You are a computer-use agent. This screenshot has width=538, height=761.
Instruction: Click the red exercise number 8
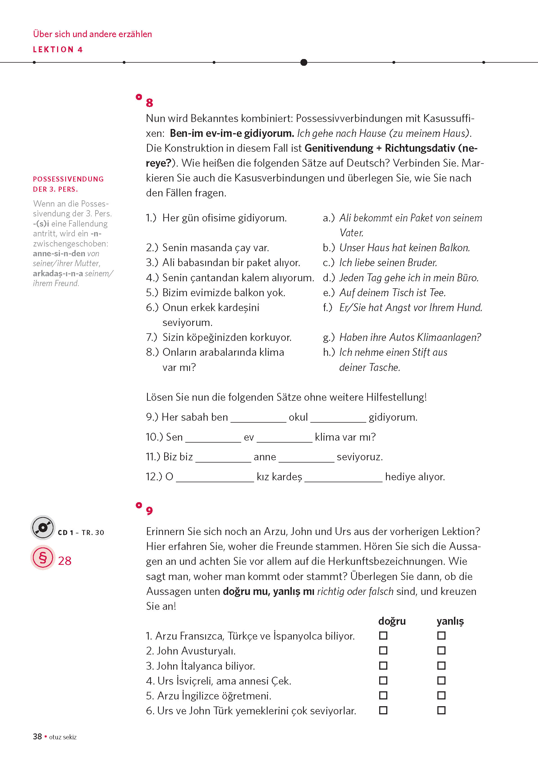point(150,103)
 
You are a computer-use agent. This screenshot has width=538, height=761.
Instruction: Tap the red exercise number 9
point(150,511)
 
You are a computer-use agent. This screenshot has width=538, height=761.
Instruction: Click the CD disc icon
point(43,527)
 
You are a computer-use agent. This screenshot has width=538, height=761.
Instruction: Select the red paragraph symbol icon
point(43,558)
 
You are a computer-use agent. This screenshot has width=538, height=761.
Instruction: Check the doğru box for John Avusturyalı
point(383,651)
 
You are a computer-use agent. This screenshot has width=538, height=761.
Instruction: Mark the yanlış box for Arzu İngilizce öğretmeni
point(441,695)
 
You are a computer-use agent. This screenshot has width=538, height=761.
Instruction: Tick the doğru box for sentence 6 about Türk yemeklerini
point(383,710)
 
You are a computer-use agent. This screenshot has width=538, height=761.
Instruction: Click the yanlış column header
point(450,621)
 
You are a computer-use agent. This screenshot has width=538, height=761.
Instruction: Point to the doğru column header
point(392,621)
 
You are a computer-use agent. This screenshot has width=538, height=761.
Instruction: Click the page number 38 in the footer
point(37,737)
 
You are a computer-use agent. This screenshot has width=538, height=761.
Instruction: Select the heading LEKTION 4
point(58,50)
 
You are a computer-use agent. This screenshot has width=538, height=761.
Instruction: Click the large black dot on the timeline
point(304,62)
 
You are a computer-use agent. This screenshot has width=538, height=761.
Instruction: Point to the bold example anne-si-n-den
point(59,253)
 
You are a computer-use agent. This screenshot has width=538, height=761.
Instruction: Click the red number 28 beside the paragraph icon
point(65,561)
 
